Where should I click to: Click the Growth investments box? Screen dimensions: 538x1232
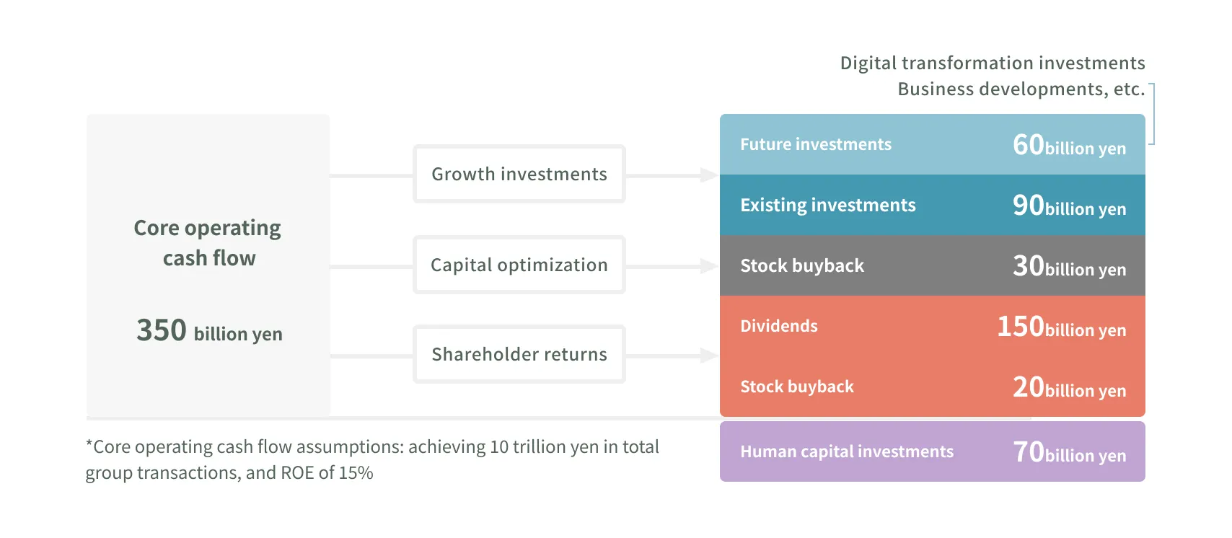pos(519,174)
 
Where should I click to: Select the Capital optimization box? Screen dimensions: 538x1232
pos(519,265)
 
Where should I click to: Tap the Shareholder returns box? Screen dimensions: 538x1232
pos(519,354)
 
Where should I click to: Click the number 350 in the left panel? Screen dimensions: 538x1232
pos(162,330)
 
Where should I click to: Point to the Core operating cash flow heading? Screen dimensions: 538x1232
pos(208,242)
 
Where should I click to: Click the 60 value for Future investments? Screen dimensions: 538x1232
pos(1028,145)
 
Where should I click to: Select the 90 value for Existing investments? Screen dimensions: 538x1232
pos(1028,206)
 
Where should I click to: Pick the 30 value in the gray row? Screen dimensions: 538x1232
pos(1028,266)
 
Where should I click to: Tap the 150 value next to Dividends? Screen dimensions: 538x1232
pos(1020,327)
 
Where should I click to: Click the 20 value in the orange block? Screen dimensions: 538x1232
pos(1028,387)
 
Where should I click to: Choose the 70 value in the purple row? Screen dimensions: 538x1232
pos(1028,452)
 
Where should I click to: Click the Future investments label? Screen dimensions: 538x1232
pos(816,144)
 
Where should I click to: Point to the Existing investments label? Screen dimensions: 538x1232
pos(827,206)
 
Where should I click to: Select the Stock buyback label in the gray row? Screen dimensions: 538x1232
pos(801,266)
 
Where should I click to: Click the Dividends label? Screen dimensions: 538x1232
pos(778,326)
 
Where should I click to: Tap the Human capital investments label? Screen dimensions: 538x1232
pos(846,451)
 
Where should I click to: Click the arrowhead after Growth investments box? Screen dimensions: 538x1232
pos(708,175)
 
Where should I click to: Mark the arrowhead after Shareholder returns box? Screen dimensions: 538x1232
pos(708,355)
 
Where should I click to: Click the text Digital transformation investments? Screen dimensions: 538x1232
pos(992,63)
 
